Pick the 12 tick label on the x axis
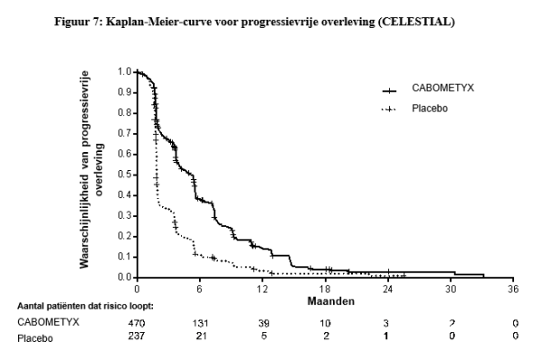[262, 289]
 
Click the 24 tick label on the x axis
[388, 289]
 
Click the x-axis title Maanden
[325, 300]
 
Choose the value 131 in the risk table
[201, 321]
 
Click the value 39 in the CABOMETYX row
[263, 321]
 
